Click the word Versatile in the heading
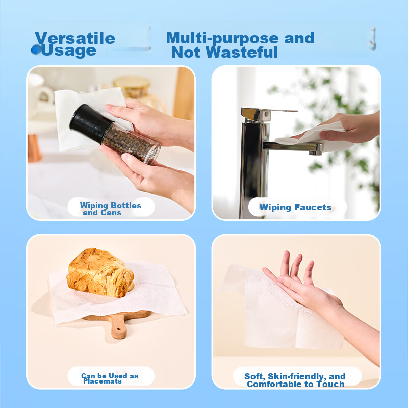pyautogui.click(x=75, y=38)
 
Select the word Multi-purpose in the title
pyautogui.click(x=222, y=39)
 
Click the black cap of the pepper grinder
pyautogui.click(x=90, y=122)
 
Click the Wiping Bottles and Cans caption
pyautogui.click(x=111, y=209)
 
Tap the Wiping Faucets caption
pyautogui.click(x=295, y=207)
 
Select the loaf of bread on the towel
pyautogui.click(x=100, y=273)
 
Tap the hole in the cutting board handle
pyautogui.click(x=119, y=329)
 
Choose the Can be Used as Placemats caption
pyautogui.click(x=110, y=378)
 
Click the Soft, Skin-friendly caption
pyautogui.click(x=295, y=380)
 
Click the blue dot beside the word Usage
pyautogui.click(x=36, y=49)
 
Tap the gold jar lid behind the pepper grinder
pyautogui.click(x=132, y=82)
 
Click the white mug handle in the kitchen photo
pyautogui.click(x=47, y=94)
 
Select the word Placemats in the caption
pyautogui.click(x=103, y=381)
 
